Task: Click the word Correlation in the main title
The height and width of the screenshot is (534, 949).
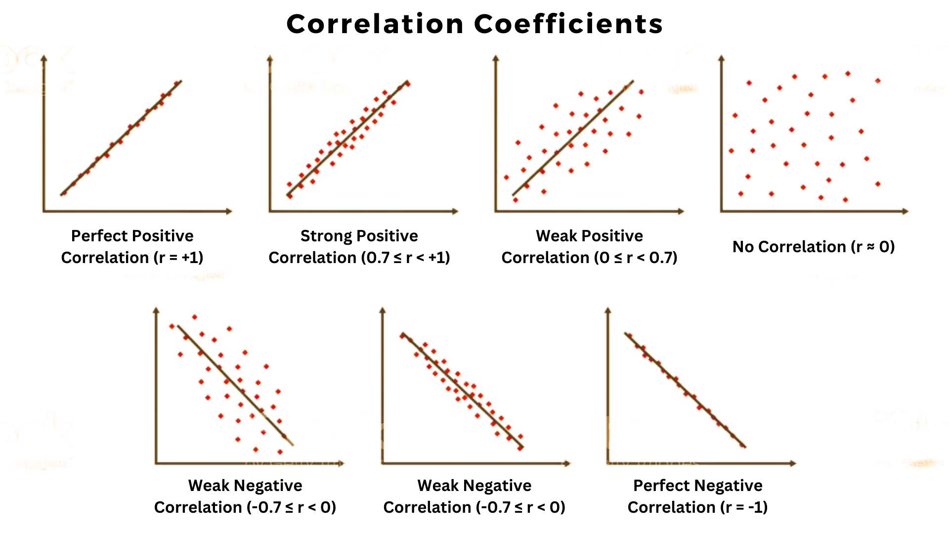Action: pos(375,24)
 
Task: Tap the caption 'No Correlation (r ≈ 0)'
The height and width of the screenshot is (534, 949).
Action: pos(814,247)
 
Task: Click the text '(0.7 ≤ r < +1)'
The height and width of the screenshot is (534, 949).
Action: pos(405,258)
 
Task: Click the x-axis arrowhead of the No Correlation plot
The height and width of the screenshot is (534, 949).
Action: pos(905,211)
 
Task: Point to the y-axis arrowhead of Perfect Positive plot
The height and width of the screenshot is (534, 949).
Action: pos(44,59)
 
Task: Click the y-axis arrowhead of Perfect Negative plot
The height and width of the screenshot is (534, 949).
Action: pos(608,311)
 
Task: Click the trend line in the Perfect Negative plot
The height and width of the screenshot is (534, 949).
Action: pos(685,391)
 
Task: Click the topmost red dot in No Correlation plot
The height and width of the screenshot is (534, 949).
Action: pos(848,74)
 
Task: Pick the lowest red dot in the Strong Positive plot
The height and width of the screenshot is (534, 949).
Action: pos(290,196)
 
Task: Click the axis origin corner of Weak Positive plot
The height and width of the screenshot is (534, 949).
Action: pos(496,211)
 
